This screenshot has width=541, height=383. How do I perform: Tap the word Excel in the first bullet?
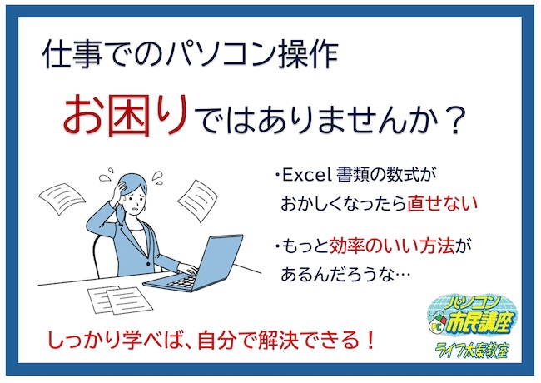tap(307, 176)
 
